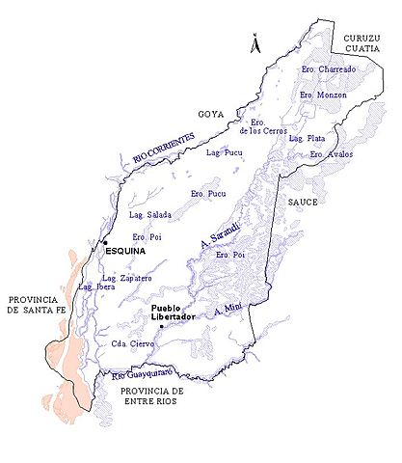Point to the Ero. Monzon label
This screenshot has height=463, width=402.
[323, 95]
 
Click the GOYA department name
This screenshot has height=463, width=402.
[211, 115]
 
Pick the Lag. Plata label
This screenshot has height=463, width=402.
[308, 139]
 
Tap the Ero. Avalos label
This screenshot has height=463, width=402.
[331, 154]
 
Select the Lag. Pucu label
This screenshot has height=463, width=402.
[223, 152]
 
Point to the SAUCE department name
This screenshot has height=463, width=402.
[304, 204]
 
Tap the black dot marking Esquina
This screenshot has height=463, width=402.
[106, 242]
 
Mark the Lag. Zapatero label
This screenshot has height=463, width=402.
[128, 279]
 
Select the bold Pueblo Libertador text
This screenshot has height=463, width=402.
[174, 313]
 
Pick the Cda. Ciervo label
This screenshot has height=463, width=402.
[132, 343]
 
